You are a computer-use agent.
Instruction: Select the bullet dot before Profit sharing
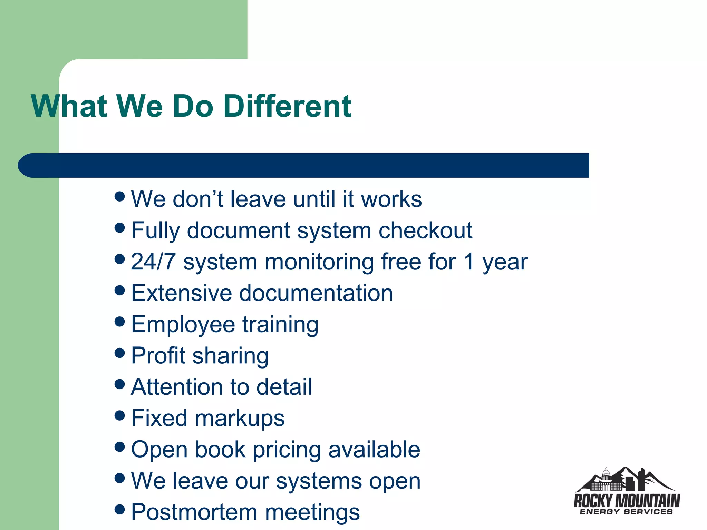coord(119,353)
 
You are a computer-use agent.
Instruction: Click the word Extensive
coord(181,293)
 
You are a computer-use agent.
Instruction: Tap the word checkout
coord(425,230)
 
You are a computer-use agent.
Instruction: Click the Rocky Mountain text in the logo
coord(627,501)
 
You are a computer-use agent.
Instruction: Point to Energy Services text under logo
coord(626,512)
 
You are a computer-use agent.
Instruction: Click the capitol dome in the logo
coord(606,474)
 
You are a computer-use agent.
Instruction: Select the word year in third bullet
coord(505,263)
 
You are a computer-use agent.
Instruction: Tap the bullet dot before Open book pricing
coord(119,447)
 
